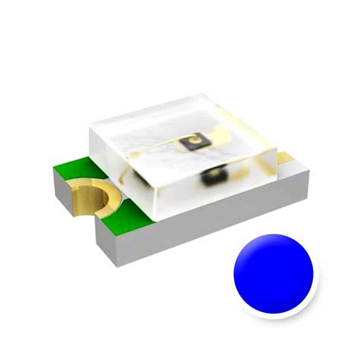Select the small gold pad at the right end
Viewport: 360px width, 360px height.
(x=286, y=158)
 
